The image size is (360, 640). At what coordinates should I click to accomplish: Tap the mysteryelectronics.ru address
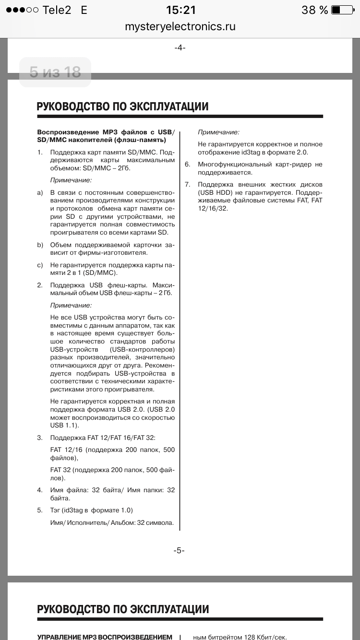tap(180, 26)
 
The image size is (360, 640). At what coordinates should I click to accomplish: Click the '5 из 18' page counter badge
tap(55, 72)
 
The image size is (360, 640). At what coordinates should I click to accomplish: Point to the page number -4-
tap(180, 47)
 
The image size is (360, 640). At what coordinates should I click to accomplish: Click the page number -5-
tap(179, 550)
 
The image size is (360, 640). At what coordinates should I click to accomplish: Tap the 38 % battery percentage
tap(314, 10)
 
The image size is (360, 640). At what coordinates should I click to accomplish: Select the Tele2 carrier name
tap(57, 10)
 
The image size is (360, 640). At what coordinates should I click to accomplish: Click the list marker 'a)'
tap(40, 193)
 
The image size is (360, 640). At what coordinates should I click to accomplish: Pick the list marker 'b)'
tap(40, 245)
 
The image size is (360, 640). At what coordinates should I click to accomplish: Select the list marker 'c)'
tap(40, 265)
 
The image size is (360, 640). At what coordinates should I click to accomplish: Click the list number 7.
tap(188, 185)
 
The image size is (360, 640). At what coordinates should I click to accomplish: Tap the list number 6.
tap(188, 165)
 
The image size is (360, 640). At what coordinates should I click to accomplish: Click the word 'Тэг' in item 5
tap(56, 510)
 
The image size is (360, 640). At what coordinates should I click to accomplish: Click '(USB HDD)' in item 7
tap(215, 193)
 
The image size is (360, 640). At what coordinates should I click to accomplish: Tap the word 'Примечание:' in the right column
tap(218, 132)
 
